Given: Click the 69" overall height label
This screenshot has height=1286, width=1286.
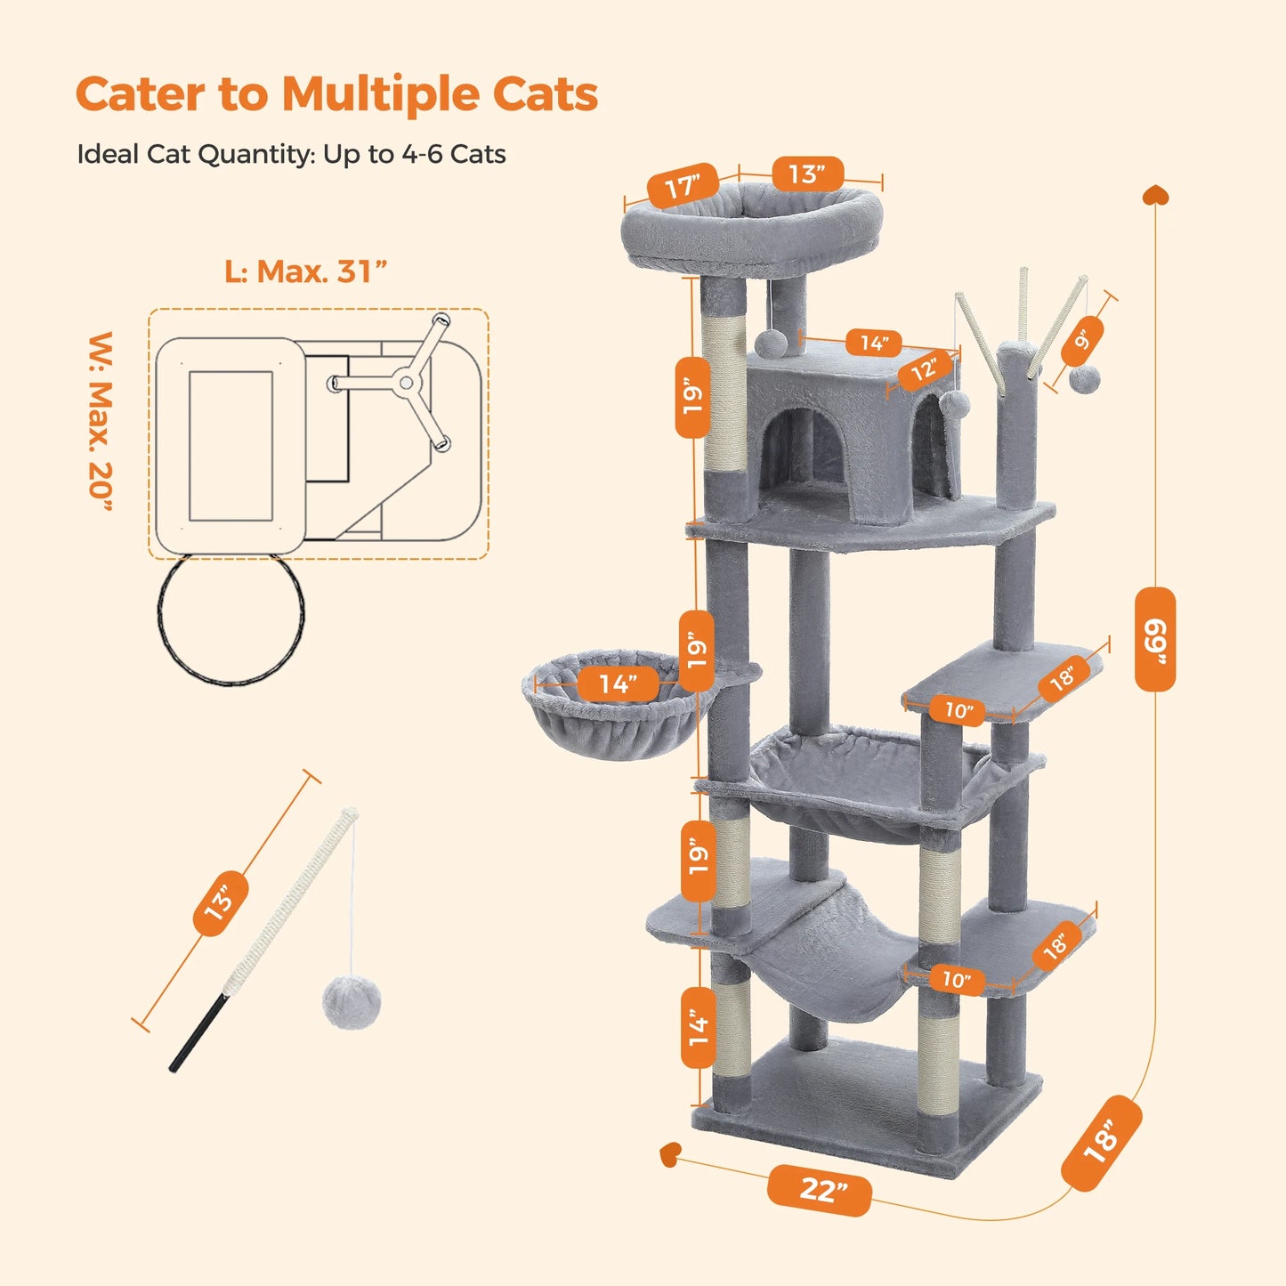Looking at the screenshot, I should coord(1155,639).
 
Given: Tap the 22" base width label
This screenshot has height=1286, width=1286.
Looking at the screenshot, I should coord(820,1190).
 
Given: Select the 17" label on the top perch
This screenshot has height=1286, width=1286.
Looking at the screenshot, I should coord(683,187).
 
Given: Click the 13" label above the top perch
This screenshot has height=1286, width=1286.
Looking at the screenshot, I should coord(806,174).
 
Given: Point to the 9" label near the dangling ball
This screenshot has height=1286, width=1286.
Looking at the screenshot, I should coord(1082,341).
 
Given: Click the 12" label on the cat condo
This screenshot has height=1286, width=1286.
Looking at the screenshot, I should coord(924,368).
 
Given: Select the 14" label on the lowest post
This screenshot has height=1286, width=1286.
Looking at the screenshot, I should coord(699,1028).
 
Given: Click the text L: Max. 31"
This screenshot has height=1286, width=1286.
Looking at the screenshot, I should coord(305,271).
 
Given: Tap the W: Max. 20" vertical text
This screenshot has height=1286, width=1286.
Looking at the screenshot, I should coord(101,422).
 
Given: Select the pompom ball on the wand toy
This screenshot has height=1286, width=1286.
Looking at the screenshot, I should coord(352,1002).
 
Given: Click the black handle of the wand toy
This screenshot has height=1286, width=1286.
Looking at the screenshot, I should coord(198,1033).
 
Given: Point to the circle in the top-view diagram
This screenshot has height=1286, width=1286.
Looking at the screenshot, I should coord(231,619).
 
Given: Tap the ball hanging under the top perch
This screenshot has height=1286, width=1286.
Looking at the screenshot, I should coord(771,343).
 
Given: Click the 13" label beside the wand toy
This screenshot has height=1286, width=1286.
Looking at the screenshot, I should coord(220,902).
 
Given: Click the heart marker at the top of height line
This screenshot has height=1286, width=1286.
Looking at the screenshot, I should coord(1156,195).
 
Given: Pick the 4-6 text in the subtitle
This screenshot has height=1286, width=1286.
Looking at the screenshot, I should coord(422,154).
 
